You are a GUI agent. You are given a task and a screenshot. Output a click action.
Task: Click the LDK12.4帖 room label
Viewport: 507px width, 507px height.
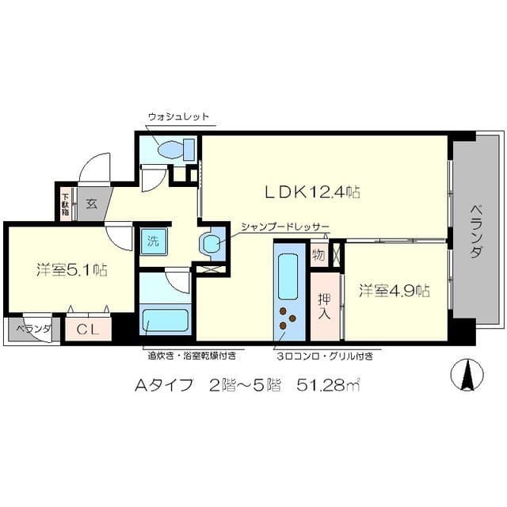click(x=313, y=192)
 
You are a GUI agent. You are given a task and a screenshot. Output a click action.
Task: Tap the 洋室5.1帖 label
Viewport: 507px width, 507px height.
click(x=71, y=269)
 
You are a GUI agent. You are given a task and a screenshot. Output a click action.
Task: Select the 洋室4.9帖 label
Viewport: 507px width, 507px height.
click(x=394, y=290)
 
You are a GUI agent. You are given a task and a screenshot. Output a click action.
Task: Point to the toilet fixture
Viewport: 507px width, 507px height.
click(x=176, y=149)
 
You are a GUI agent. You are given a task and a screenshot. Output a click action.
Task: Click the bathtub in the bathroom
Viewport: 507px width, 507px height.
click(x=165, y=321)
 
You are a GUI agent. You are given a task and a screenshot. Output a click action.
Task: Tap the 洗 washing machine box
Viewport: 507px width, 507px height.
click(x=150, y=240)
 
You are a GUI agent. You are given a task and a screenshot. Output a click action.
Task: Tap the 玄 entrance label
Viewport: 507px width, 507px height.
click(x=93, y=203)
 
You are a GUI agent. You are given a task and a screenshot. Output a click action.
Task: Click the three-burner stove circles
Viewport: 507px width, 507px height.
click(x=285, y=322)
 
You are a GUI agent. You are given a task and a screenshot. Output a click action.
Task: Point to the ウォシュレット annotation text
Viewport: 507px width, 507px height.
click(x=178, y=116)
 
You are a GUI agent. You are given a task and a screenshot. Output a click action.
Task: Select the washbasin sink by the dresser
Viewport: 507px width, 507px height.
click(x=212, y=244)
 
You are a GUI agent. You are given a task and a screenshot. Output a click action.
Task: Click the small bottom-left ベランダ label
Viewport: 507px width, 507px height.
click(x=32, y=330)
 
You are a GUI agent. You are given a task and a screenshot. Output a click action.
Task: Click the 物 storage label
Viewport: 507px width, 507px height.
click(x=318, y=255)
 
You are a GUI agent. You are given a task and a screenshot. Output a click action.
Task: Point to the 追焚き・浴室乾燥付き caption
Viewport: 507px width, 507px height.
click(x=189, y=356)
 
